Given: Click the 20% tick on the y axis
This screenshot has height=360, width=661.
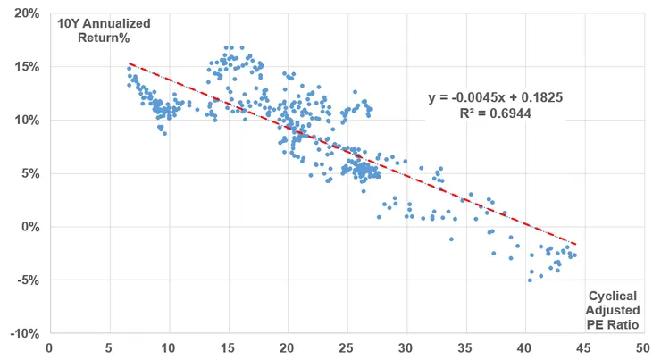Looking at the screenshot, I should click(x=27, y=13).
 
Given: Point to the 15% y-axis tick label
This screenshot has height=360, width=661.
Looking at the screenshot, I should click(x=27, y=67).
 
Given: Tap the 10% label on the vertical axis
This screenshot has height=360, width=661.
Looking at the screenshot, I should click(x=27, y=120).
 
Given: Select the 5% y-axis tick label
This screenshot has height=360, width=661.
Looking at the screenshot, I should click(x=29, y=173).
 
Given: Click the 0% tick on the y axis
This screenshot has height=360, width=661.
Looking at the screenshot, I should click(x=29, y=227).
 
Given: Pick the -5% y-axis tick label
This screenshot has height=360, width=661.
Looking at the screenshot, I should click(x=28, y=280).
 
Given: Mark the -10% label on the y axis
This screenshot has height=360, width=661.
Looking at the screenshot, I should click(x=25, y=333).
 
